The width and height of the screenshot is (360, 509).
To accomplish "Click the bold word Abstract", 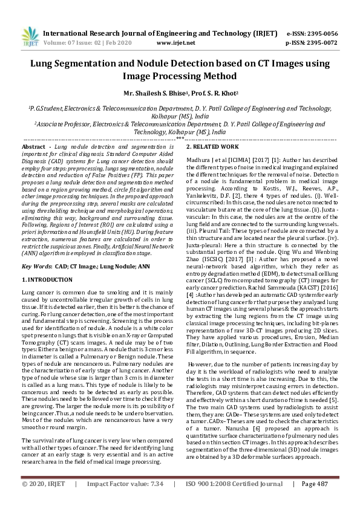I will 33,148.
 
